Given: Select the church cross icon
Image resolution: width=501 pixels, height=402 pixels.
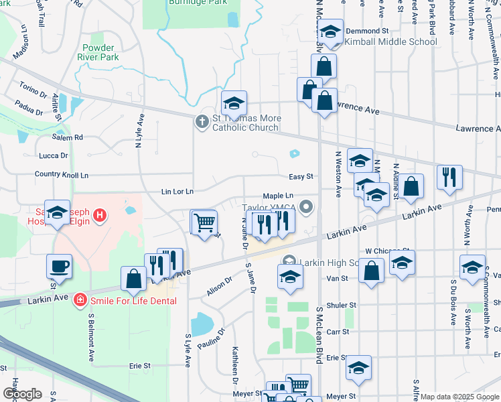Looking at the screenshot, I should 201,122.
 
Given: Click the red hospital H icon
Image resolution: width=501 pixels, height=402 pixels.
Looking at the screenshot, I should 100,215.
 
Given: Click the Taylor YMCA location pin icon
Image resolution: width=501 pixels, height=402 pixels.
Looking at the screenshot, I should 307,207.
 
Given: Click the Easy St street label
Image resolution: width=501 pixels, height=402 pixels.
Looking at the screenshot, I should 301,177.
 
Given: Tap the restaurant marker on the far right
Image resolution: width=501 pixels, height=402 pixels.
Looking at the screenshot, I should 449,177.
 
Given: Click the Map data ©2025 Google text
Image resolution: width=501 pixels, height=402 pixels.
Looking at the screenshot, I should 458,397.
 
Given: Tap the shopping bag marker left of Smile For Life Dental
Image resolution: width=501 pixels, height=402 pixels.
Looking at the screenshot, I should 133,278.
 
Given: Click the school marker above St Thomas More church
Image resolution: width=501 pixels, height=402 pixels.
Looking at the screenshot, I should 234,103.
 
